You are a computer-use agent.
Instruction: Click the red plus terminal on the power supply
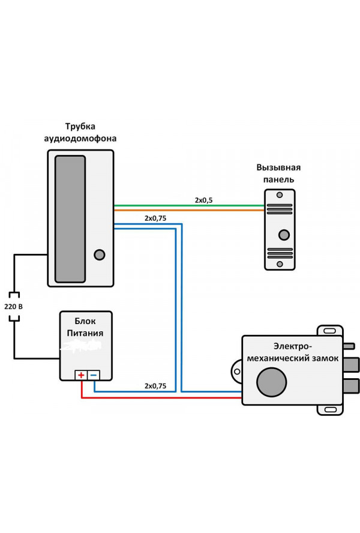[81, 375]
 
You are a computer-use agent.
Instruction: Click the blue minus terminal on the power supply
[94, 375]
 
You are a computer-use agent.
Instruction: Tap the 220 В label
[13, 307]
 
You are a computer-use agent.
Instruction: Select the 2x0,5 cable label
[203, 200]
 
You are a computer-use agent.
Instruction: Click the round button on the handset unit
[99, 254]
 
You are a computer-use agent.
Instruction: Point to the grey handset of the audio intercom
[70, 219]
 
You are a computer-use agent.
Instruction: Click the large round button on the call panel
[284, 235]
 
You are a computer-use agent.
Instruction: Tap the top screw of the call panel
[280, 195]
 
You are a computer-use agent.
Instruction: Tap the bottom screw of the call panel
[280, 264]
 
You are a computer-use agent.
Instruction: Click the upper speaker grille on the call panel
[280, 209]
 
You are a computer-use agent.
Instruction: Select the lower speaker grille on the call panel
[280, 253]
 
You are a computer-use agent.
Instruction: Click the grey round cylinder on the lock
[271, 382]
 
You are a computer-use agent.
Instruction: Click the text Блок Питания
[85, 327]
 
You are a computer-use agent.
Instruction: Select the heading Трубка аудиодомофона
[80, 133]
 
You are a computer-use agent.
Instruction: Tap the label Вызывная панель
[278, 173]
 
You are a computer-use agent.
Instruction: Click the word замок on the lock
[325, 358]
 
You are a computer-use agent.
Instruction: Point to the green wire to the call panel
[189, 206]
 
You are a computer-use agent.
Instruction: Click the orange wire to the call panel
[189, 211]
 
